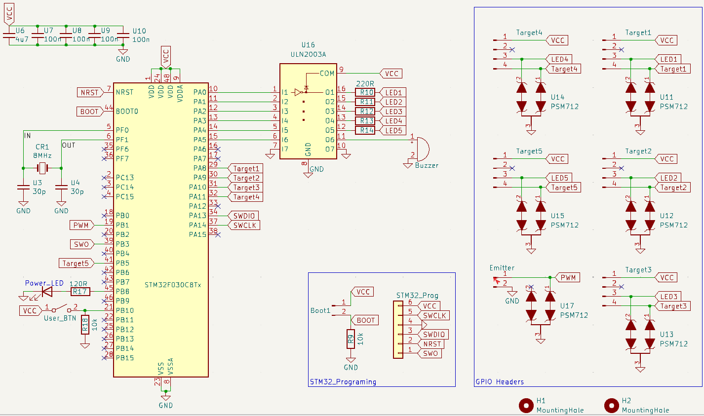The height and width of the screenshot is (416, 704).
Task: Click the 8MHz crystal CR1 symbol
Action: (x=42, y=168)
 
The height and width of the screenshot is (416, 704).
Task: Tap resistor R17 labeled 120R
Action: (x=80, y=292)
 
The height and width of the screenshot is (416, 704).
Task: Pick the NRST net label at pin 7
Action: (x=89, y=92)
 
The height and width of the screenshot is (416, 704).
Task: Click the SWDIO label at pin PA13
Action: (x=244, y=216)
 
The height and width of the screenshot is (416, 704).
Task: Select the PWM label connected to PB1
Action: (x=81, y=225)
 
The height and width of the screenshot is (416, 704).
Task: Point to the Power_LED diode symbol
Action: (x=46, y=292)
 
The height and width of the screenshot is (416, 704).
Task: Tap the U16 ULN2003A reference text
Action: (x=308, y=45)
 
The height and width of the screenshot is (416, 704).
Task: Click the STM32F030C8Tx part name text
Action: (x=173, y=285)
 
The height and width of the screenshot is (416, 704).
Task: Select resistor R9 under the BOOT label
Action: (x=351, y=339)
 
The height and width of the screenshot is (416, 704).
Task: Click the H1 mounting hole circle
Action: (x=526, y=405)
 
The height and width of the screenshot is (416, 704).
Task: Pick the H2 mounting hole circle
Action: (x=611, y=405)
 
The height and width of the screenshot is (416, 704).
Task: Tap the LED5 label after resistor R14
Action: (x=393, y=131)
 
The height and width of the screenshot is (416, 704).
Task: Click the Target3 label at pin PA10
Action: (x=246, y=188)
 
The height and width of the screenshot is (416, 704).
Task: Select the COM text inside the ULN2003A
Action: (x=327, y=74)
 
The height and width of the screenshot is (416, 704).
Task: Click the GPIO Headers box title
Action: (x=499, y=381)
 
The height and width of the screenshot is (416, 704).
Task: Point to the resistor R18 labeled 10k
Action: (x=85, y=324)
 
